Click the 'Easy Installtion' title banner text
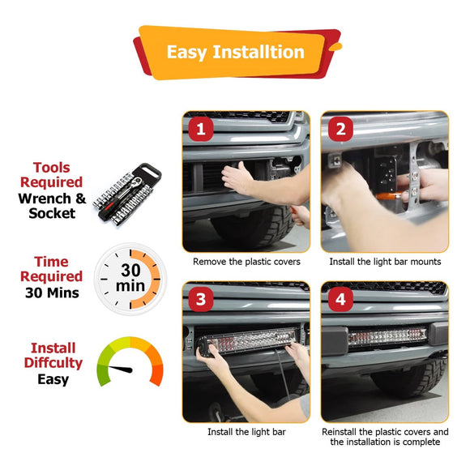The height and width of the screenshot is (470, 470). click(236, 52)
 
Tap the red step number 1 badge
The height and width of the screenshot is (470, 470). click(201, 129)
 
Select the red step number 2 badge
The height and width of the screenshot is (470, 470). click(340, 129)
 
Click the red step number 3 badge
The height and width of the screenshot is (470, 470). click(201, 299)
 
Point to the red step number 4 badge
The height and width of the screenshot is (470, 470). click(340, 299)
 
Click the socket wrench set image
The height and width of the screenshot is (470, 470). click(127, 194)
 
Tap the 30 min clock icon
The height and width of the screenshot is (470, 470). click(130, 279)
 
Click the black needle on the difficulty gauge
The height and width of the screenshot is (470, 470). click(121, 369)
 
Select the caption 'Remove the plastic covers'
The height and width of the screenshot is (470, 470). click(246, 262)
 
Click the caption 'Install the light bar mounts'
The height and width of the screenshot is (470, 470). click(385, 262)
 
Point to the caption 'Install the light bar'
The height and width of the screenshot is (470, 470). click(246, 432)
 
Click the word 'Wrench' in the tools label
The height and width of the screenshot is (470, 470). click(45, 199)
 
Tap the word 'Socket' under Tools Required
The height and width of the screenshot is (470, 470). click(52, 213)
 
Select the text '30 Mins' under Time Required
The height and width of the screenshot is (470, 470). click(52, 293)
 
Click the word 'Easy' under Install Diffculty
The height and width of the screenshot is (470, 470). click(53, 380)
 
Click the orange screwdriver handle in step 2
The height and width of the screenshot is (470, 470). click(387, 196)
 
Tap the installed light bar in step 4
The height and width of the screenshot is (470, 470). click(387, 335)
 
